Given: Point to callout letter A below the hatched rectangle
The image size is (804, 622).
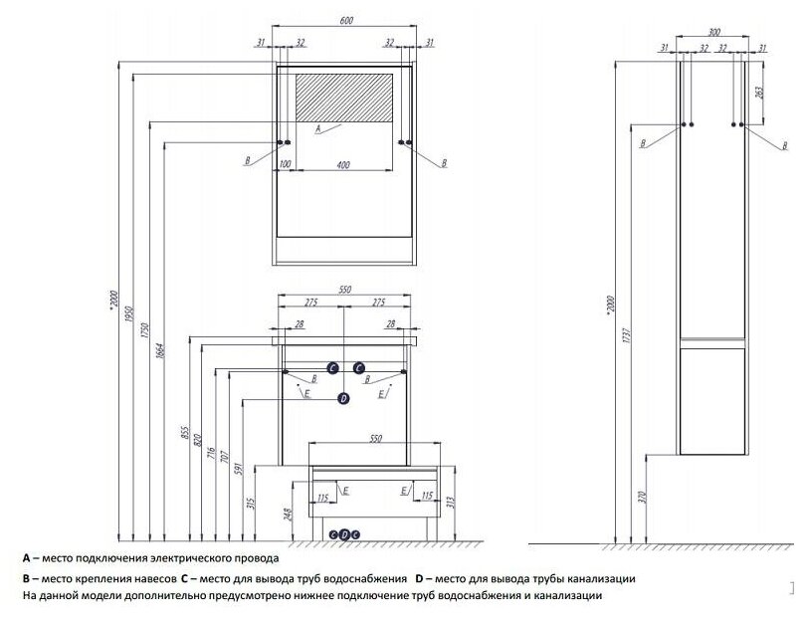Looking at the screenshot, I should coord(316,128).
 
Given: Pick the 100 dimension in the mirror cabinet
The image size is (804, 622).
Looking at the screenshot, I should coord(285,162).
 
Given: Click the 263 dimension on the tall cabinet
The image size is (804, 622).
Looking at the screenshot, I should coord(759,97).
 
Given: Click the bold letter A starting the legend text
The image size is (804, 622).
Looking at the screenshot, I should coord(27,558).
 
